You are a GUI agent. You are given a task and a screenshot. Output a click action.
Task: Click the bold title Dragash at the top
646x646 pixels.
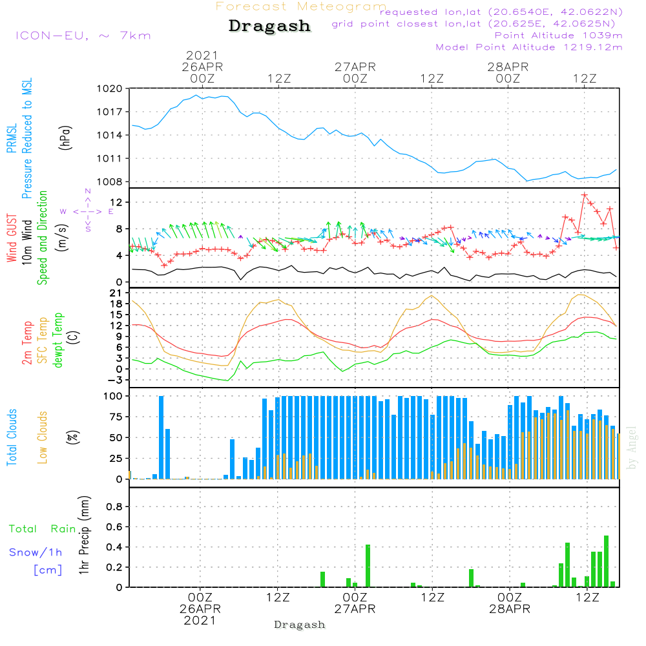[x=269, y=26]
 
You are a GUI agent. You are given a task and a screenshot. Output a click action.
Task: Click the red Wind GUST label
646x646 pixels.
[x=12, y=238]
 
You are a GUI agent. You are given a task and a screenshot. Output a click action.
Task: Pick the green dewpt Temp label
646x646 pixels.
[x=58, y=340]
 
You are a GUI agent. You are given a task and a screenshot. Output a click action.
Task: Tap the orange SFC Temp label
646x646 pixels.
[x=43, y=340]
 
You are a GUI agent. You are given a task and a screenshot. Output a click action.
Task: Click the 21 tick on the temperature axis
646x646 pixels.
[x=116, y=293]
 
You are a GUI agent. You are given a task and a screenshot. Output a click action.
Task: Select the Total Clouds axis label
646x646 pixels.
[x=12, y=437]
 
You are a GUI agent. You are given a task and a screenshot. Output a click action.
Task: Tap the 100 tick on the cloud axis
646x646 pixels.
[x=112, y=395]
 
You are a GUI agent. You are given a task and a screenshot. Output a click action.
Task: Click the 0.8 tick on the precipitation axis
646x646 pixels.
[x=114, y=506]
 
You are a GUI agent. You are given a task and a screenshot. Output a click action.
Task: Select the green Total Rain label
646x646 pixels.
[x=42, y=529]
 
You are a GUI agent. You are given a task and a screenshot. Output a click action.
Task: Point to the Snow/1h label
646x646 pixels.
[x=36, y=552]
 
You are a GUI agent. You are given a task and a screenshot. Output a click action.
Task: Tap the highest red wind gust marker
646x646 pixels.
[x=585, y=194]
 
